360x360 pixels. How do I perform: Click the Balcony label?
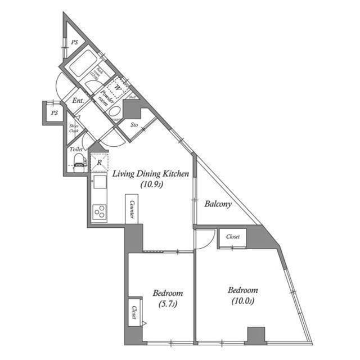(218, 204)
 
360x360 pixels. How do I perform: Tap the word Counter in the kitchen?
(130, 209)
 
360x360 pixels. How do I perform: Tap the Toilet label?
(76, 150)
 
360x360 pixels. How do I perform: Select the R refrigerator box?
(99, 163)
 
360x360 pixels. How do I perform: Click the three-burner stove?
(99, 213)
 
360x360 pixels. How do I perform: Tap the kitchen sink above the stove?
(100, 182)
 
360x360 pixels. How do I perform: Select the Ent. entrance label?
(78, 101)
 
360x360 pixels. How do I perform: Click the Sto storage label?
(134, 124)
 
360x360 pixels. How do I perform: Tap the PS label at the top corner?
(74, 42)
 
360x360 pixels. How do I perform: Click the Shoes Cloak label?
(74, 129)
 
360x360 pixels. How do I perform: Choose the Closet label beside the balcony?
(233, 237)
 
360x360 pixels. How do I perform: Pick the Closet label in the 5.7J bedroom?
(135, 312)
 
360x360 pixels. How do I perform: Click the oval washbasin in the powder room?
(114, 111)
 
